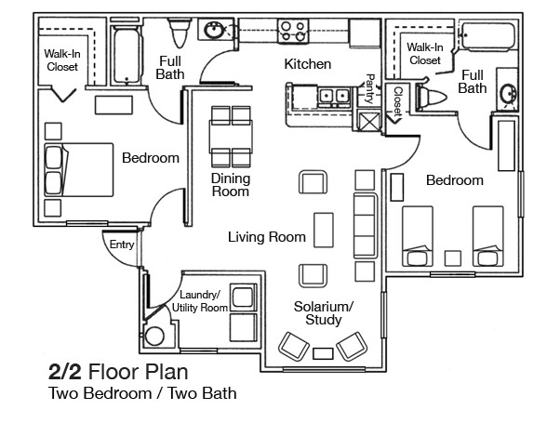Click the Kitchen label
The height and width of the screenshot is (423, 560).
coord(308,64)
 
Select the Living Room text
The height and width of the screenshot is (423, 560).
coord(267,237)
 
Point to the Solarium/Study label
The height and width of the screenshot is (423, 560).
coord(324,313)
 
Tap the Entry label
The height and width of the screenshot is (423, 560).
coord(122,245)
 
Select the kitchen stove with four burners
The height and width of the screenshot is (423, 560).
coord(296,29)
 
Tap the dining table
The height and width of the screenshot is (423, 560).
coord(230,136)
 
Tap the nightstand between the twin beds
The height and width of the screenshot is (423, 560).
coord(454,256)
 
